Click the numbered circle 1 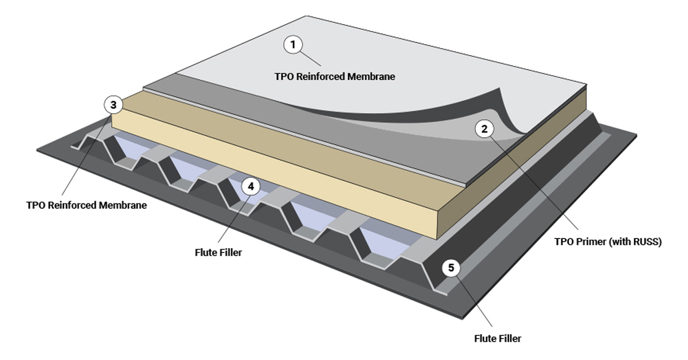294,44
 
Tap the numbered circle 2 484,129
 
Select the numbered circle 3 114,105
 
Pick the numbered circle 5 451,268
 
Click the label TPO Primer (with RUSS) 607,242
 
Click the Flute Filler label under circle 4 218,252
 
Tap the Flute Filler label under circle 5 497,338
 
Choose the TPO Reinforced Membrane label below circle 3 87,205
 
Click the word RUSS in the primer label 646,242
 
